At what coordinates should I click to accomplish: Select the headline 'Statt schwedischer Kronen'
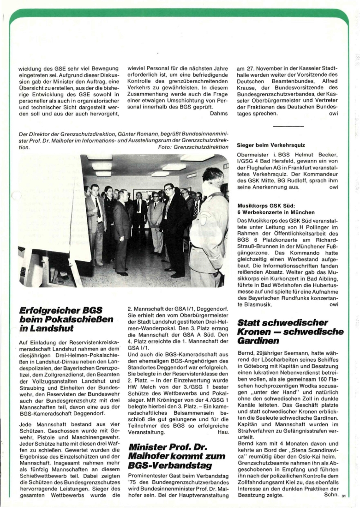pyautogui.click(x=290, y=332)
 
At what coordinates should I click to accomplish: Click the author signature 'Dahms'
pyautogui.click(x=219, y=113)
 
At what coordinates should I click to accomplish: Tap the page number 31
pyautogui.click(x=343, y=497)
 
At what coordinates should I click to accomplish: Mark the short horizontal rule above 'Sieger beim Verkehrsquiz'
pyautogui.click(x=288, y=126)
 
